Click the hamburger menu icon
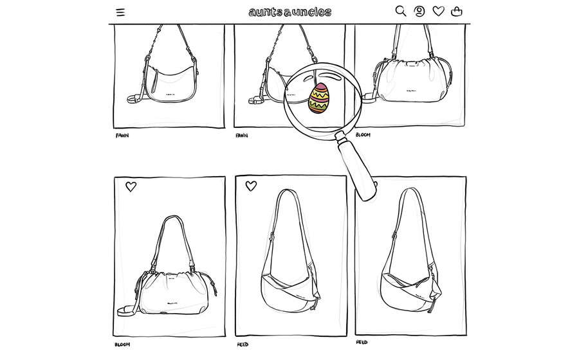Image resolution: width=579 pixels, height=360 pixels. point(120,12)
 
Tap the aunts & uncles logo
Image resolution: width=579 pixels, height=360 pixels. point(290,12)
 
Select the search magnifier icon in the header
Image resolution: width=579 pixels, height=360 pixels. point(401,11)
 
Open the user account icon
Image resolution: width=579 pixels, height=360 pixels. point(419,12)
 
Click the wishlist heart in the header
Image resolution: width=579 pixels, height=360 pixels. point(438,11)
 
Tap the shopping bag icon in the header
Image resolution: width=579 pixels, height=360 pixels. point(457,12)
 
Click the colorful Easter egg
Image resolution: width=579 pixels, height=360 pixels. point(319,98)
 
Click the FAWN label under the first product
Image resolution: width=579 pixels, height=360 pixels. point(122,136)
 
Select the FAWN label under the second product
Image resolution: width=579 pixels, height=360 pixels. point(242,136)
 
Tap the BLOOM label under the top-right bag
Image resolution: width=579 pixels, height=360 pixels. point(363,134)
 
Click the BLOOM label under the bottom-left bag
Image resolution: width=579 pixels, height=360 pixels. point(122,345)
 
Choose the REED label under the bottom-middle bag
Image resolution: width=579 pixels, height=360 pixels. point(243,345)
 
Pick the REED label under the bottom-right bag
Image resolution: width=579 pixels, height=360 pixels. point(362,342)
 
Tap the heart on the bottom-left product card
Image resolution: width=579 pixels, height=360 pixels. point(131,186)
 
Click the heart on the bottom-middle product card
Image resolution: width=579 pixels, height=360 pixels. point(251,186)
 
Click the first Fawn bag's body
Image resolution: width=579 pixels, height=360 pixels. point(170,85)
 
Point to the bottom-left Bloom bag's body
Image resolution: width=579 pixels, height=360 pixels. point(174,293)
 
